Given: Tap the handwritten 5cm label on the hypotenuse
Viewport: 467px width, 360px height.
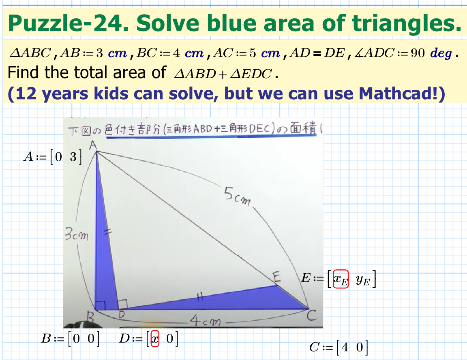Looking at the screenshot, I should point(237,197).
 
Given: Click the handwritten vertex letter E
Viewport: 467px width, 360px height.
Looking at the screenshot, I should point(277,277).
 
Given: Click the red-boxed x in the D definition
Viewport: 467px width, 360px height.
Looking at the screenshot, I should point(154,339).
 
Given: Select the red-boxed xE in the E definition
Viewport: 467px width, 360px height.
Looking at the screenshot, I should point(341,279).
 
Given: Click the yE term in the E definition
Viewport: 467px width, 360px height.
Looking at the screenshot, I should point(363,279).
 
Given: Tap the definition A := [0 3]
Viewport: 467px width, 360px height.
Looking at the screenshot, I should point(53,158).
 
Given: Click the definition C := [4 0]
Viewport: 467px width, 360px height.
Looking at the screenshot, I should point(338,347).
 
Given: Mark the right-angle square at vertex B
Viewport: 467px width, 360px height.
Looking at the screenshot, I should point(100,304).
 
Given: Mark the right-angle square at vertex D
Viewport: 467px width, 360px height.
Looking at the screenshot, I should point(122,304).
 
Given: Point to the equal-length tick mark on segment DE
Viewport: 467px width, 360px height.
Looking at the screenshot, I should point(199,298).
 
